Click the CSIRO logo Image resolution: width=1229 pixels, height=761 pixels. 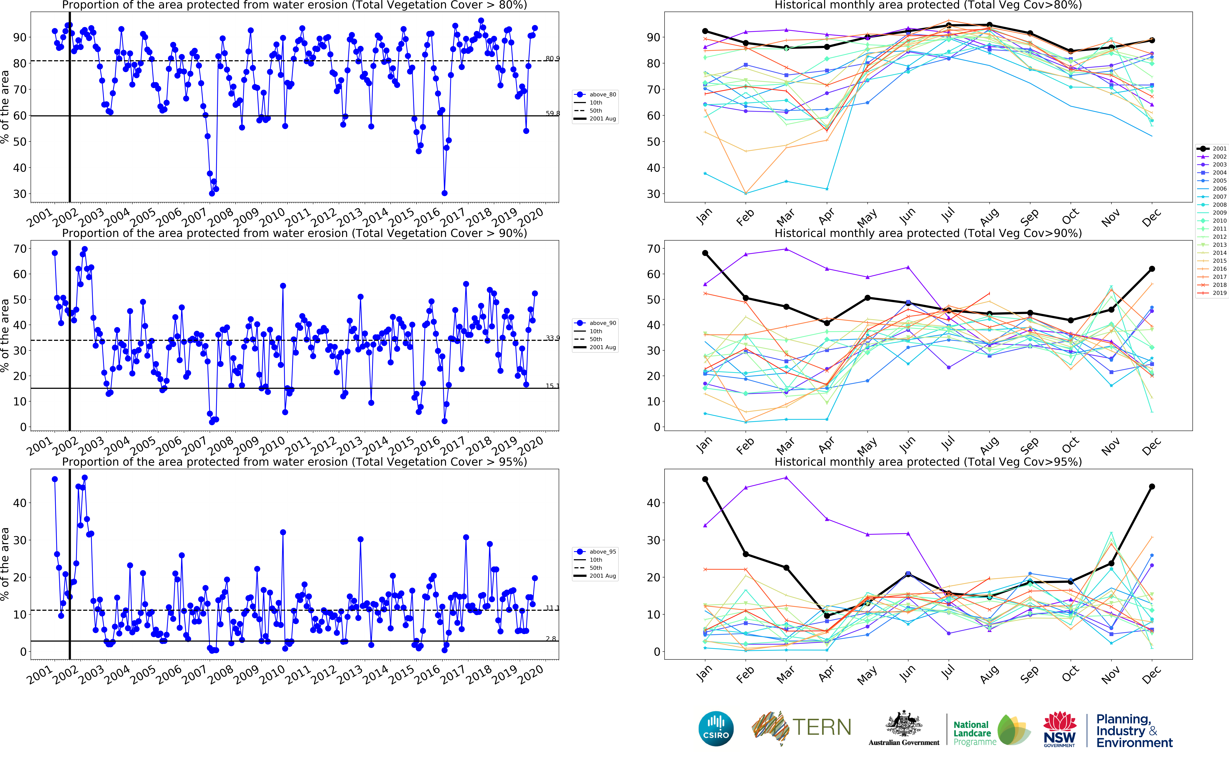pos(716,728)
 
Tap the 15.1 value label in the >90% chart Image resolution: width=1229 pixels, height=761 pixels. pos(552,386)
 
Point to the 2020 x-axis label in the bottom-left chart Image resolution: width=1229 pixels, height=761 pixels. pos(531,674)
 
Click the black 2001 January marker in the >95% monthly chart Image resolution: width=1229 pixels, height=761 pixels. pos(705,479)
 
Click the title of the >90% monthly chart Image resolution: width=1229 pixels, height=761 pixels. pos(928,233)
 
